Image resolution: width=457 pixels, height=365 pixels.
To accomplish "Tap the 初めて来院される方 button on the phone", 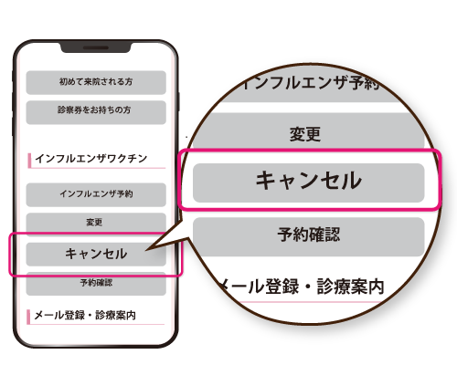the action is (96, 82).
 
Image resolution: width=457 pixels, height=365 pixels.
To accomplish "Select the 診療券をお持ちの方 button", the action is (96, 112).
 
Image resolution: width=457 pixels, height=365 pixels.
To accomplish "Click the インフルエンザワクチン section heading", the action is (91, 159).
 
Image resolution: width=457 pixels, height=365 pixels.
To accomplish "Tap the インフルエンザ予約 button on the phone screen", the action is (96, 194).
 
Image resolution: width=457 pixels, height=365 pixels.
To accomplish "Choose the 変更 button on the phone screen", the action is (96, 224).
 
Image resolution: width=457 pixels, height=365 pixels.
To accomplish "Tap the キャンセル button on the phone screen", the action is (96, 254).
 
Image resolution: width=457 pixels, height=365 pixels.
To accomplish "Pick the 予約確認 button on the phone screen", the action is (96, 284).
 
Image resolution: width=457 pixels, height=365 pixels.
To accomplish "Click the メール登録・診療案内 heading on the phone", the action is (85, 315).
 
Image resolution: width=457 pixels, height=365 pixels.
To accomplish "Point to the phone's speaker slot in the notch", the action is (96, 48).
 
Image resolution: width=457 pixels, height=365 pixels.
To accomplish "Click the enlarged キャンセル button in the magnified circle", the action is (309, 182).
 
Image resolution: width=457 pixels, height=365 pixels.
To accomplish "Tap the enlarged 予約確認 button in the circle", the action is (309, 236).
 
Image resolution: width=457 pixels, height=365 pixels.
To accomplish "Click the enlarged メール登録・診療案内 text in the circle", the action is (302, 287).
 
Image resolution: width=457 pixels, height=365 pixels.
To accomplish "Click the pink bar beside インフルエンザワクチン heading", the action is (29, 161).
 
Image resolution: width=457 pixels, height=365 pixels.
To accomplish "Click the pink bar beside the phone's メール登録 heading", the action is (28, 317).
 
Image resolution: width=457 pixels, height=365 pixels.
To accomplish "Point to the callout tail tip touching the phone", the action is (146, 251).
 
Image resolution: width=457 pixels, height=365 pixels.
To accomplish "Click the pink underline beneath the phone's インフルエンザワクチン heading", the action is (98, 168).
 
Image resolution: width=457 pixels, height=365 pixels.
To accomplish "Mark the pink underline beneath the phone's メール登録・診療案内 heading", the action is (97, 324).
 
